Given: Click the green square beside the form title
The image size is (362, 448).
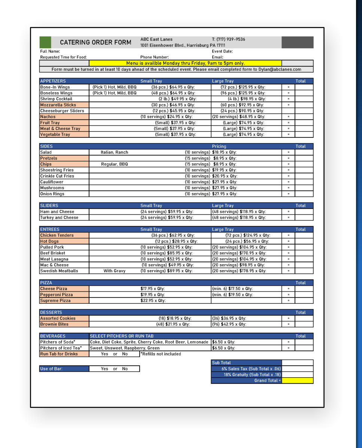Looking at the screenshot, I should point(45,42).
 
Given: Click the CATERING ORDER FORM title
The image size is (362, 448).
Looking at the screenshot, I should point(95,43).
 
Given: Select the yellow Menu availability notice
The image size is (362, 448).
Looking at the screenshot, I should point(185,63).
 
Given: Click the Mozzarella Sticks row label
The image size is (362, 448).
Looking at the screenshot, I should point(58,105).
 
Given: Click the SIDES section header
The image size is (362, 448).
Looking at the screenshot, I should point(46,146).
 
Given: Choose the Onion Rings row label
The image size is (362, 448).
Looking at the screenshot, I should point(52,194).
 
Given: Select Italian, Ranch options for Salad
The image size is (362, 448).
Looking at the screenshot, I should point(114,152).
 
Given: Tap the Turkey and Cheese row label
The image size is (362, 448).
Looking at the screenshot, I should point(59,218).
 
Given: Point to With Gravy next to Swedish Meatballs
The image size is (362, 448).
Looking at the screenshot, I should point(115,271).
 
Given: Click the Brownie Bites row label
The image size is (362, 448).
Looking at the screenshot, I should point(54,324).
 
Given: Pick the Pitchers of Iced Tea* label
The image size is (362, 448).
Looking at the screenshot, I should point(61,348).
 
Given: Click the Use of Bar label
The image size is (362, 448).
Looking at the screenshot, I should point(51,369).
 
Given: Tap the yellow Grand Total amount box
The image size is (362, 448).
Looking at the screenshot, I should point(297,381).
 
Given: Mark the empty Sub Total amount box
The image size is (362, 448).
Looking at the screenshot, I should point(297,363).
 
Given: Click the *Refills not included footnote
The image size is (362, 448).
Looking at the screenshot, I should point(161,354).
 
